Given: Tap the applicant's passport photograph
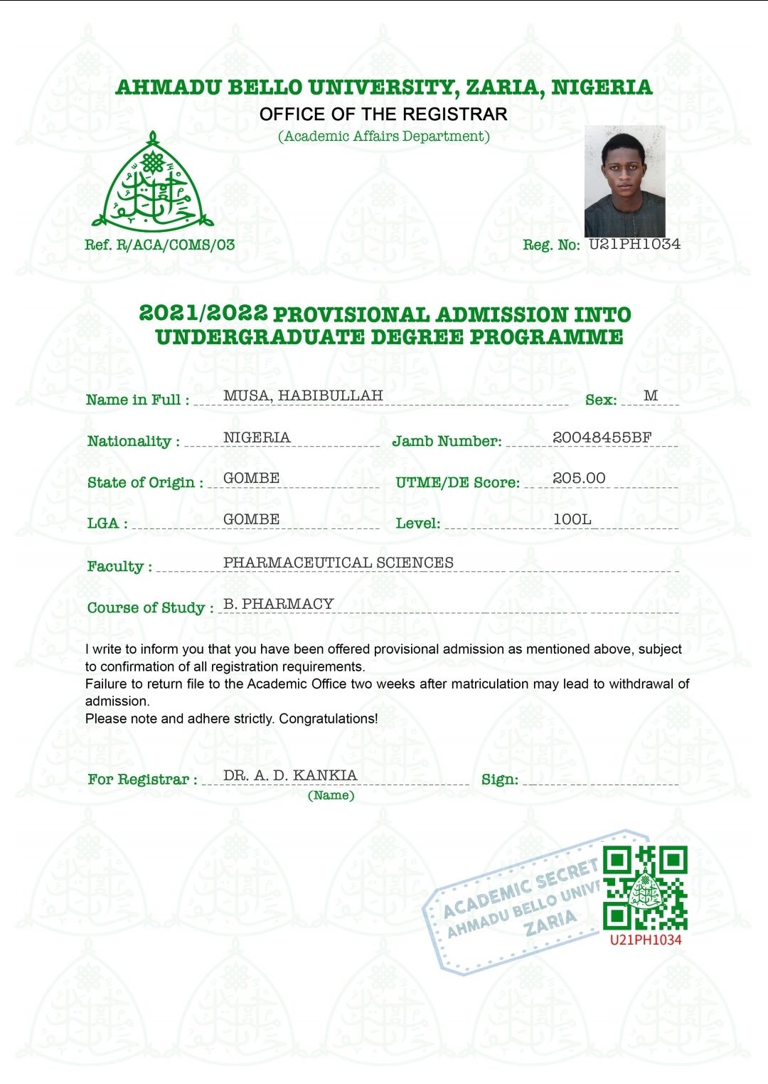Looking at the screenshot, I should (x=625, y=181).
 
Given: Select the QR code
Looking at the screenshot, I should (x=645, y=887).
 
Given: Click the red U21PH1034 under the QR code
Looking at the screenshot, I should (x=646, y=940).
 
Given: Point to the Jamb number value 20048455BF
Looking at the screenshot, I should (x=602, y=437).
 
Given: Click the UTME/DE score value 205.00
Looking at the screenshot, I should (x=579, y=478).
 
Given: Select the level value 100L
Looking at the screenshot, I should (x=572, y=519).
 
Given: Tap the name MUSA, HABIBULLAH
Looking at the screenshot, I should (x=303, y=395).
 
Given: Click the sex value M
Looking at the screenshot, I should (x=651, y=395).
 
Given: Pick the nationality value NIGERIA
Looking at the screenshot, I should (x=257, y=437).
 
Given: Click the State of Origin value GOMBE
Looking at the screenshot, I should (x=251, y=478).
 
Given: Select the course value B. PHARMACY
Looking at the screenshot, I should (x=279, y=604).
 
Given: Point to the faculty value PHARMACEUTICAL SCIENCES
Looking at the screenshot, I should (x=338, y=563).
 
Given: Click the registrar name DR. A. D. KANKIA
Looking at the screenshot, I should (x=290, y=775).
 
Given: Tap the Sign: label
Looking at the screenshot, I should (x=500, y=780).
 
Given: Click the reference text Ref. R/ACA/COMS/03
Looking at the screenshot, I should (x=160, y=245).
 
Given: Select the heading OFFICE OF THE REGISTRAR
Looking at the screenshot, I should (x=383, y=114).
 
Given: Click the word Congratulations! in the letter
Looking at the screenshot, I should (x=329, y=718).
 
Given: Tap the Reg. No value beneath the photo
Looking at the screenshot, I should (x=634, y=244).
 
